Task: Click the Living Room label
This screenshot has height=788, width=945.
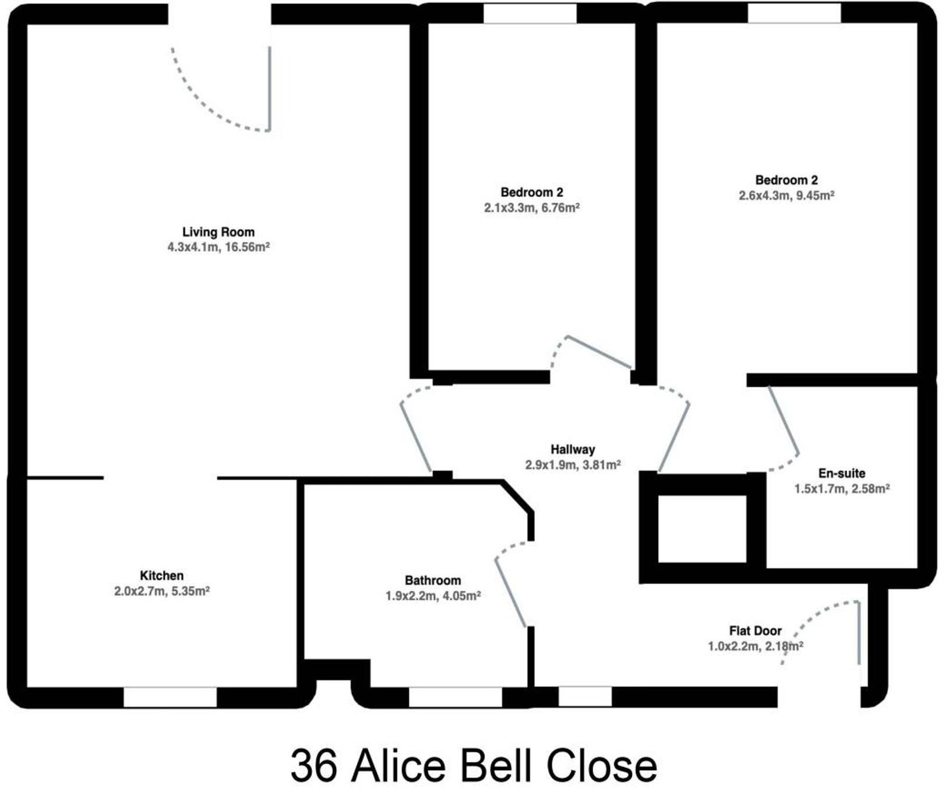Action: [218, 232]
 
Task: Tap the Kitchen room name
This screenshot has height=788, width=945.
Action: [161, 576]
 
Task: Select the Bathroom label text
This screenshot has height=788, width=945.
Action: [432, 581]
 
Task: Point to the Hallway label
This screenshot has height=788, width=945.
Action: [573, 449]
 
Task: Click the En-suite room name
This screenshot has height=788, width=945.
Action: [841, 473]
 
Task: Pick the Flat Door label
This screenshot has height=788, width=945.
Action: [755, 631]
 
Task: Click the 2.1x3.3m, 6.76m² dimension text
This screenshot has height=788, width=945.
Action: [531, 208]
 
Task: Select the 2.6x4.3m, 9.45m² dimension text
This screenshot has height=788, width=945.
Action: [786, 196]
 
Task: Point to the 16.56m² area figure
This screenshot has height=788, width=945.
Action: [247, 247]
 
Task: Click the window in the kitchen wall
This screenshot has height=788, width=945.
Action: [170, 697]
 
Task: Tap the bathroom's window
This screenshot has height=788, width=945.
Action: [455, 697]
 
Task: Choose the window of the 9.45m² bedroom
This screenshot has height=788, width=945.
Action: [794, 13]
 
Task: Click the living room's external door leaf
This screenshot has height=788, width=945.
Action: [270, 89]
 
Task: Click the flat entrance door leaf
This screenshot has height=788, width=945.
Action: [858, 633]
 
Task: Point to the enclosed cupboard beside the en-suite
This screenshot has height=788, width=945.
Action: [702, 529]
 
